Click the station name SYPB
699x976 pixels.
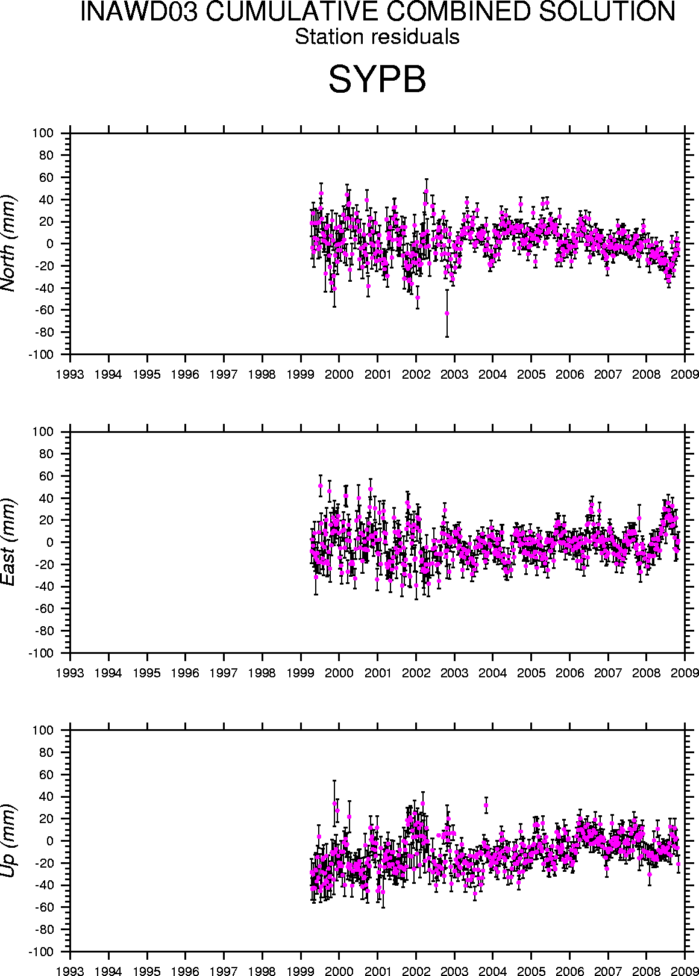[x=377, y=79]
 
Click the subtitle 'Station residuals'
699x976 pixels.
[x=377, y=37]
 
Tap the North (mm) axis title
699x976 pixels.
[x=8, y=243]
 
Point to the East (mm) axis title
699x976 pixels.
[x=8, y=542]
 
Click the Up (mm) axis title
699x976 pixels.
[x=8, y=841]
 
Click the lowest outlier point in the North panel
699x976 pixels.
[x=447, y=313]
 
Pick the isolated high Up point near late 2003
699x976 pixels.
[x=486, y=805]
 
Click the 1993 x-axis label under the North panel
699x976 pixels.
[x=71, y=375]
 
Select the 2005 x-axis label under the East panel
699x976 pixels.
[x=531, y=673]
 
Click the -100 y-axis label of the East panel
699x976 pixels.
[x=41, y=653]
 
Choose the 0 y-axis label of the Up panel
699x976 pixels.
[x=51, y=841]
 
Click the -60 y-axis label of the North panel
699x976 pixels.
[x=43, y=310]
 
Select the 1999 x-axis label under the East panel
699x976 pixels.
[x=301, y=673]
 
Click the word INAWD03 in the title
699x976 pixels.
[x=138, y=12]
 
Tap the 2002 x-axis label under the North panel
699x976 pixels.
[x=416, y=375]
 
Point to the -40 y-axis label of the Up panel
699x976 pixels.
[x=43, y=885]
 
